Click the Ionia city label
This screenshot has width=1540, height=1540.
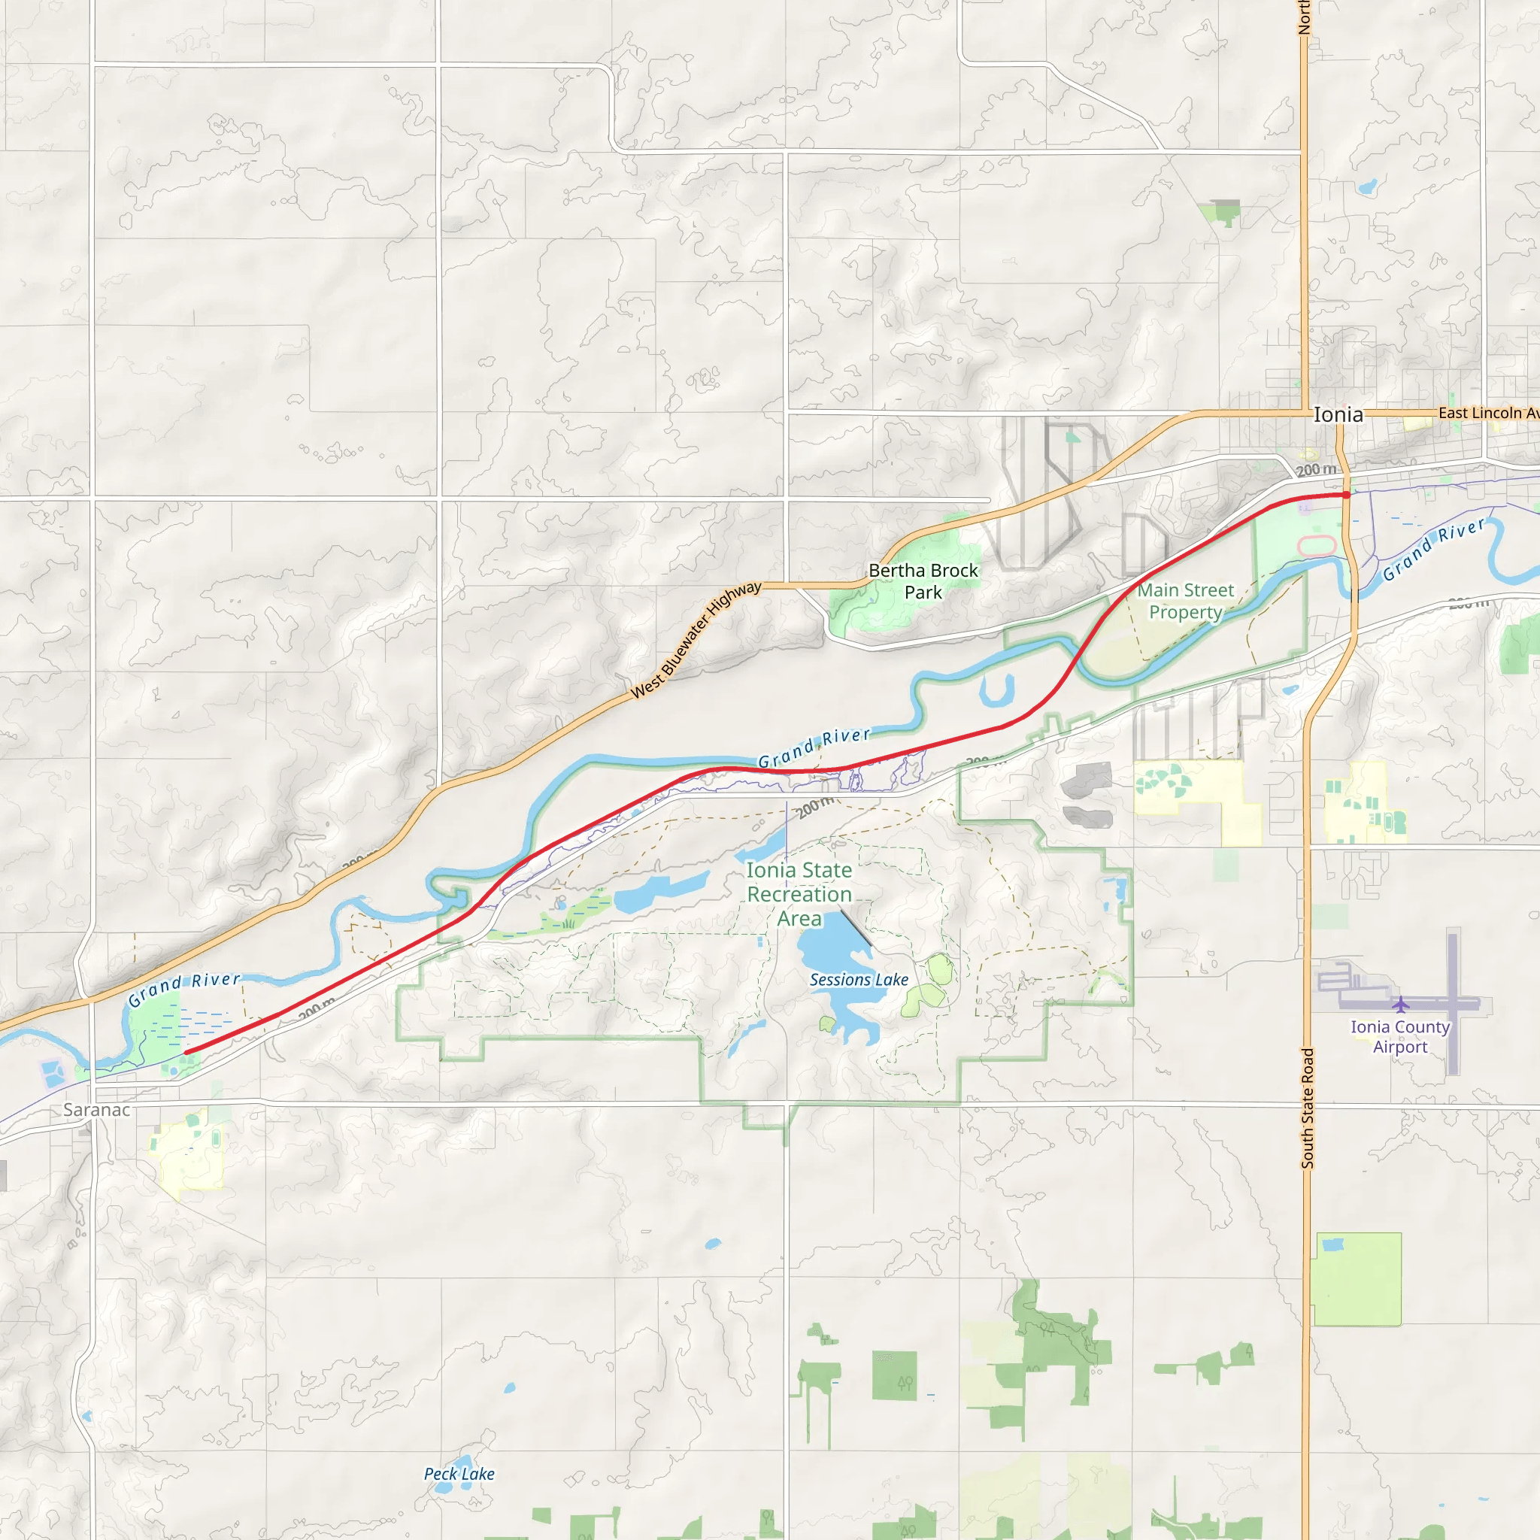1338,414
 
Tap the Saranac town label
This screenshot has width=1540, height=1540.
96,1110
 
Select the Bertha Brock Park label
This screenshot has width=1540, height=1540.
923,581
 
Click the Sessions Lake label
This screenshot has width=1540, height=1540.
859,980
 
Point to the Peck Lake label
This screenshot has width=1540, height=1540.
459,1474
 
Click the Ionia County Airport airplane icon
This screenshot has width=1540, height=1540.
1400,1005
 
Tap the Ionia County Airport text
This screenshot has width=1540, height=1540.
1399,1037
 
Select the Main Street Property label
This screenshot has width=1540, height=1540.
1185,601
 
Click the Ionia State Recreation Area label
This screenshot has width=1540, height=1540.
799,894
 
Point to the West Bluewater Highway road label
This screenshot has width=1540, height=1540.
696,640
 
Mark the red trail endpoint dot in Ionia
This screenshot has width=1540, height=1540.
1346,495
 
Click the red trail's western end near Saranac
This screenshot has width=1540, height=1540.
186,1052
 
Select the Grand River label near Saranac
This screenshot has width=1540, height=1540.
184,988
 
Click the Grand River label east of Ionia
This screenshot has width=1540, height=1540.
1434,548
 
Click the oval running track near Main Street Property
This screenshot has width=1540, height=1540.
1317,546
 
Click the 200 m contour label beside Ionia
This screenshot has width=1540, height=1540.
1315,469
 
